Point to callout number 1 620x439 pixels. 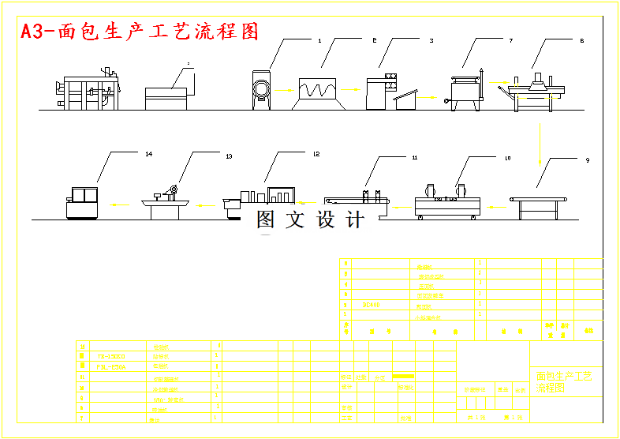coord(319,39)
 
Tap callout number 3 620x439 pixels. coord(431,39)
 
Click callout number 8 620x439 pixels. coord(581,39)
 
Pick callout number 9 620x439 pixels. coord(587,160)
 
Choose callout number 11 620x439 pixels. coord(414,158)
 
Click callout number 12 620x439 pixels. coord(316,154)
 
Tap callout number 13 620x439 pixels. coord(229,156)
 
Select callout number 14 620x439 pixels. coord(148,154)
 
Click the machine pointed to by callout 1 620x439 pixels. coord(263,90)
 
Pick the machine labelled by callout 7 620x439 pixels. coord(467,91)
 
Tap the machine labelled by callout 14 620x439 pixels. coord(82,202)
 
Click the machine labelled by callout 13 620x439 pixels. coord(164,202)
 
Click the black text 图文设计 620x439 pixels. coord(310,220)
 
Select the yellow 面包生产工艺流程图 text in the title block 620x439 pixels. coord(563,383)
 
